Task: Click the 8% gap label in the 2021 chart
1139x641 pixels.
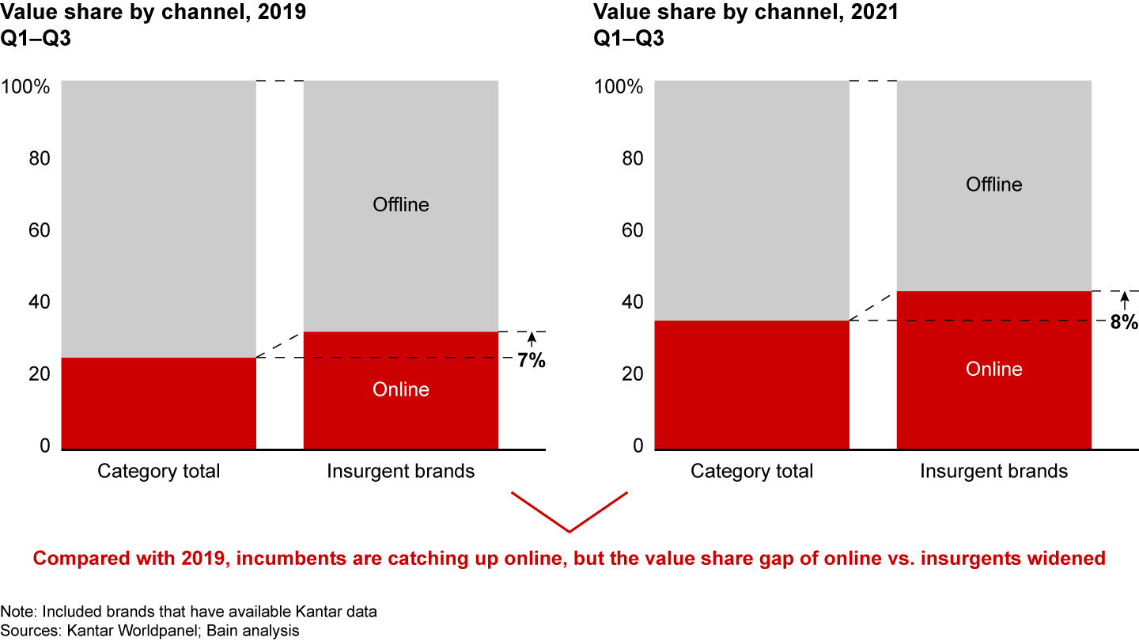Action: point(1125,321)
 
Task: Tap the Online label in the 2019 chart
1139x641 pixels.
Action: point(401,389)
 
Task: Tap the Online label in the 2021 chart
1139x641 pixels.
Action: point(994,370)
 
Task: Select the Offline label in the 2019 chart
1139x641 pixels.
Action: point(401,205)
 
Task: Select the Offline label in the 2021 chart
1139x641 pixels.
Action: point(994,184)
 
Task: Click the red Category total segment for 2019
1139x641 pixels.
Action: point(158,404)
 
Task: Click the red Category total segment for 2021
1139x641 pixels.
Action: point(752,385)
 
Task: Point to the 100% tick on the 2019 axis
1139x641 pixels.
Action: point(27,86)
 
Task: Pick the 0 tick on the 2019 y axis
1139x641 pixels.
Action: point(44,446)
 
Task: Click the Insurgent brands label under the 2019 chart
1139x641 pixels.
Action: point(401,472)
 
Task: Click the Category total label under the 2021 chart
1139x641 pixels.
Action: point(752,472)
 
